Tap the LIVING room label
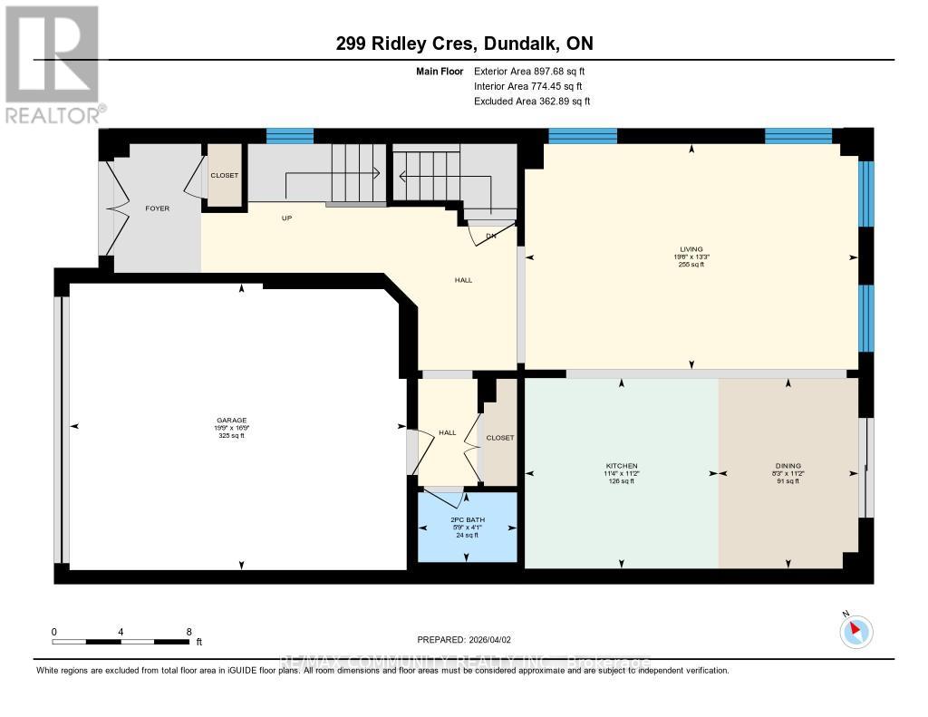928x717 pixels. (691, 249)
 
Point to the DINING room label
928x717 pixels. (788, 466)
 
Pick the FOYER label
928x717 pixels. (158, 208)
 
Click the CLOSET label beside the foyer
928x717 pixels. (224, 175)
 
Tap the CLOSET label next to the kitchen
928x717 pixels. (499, 438)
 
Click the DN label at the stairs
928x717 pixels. (490, 236)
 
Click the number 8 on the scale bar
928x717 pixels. (188, 632)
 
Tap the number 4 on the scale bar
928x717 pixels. (121, 632)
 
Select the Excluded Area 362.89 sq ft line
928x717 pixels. (531, 102)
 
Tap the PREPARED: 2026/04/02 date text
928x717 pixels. (464, 640)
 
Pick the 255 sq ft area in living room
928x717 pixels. (691, 264)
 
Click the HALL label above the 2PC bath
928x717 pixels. (447, 432)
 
